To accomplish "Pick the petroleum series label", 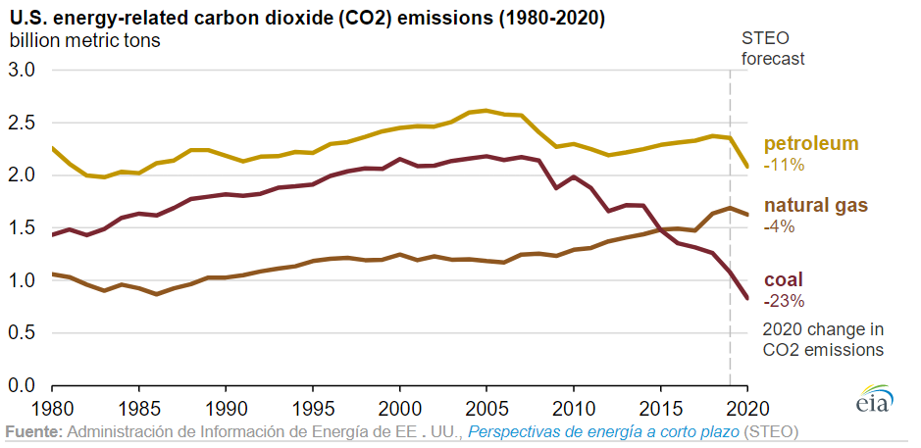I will point(810,143).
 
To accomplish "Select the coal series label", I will point(784,280).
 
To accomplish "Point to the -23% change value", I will point(784,300).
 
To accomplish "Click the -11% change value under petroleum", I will point(785,165).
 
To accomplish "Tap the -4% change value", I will point(780,226).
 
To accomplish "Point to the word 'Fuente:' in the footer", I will point(34,431).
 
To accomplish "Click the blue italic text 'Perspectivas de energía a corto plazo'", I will point(603,431).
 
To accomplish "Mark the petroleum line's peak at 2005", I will point(486,111).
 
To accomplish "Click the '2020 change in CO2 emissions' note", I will point(823,339).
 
